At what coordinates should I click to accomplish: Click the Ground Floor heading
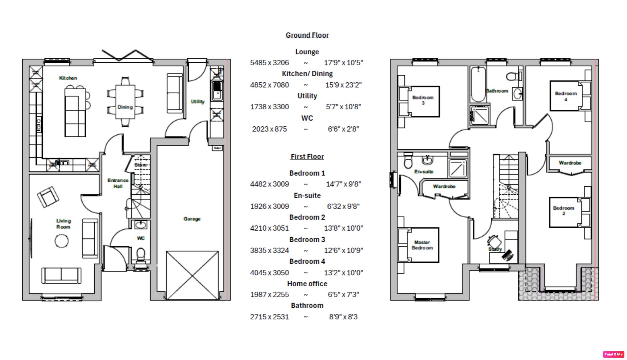point(307,35)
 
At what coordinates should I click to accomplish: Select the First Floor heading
point(307,156)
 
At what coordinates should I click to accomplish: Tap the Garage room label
point(192,219)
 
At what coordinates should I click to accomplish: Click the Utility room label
point(198,101)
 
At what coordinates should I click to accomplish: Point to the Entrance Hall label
point(118,183)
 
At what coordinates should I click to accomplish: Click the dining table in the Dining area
point(125,102)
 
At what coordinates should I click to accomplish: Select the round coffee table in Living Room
point(62,241)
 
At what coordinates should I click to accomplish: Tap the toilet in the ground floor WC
point(141,254)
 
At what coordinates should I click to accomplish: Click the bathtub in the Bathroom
point(478,85)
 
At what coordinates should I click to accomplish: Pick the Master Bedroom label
point(422,245)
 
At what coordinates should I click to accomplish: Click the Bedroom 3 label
point(423,100)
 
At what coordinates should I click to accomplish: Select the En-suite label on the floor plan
point(424,172)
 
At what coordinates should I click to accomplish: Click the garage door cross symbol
point(193,275)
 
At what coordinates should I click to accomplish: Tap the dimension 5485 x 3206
point(269,63)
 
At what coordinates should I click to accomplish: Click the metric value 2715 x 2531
point(269,317)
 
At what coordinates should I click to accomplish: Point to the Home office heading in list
point(307,284)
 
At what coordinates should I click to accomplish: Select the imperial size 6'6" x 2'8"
point(343,129)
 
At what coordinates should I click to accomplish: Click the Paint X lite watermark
point(613,354)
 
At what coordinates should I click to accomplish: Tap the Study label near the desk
point(495,249)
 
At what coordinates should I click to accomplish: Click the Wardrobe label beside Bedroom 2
point(570,163)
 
